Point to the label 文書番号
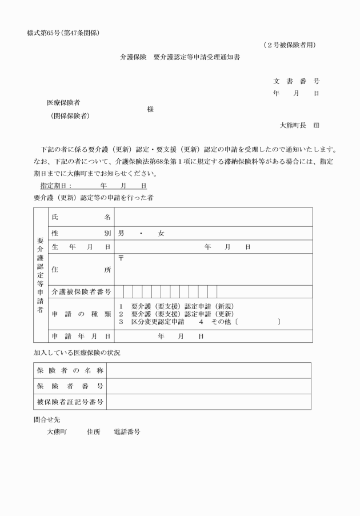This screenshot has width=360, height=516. [296, 82]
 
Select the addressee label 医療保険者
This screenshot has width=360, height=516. [63, 103]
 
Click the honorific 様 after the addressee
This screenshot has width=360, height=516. [150, 109]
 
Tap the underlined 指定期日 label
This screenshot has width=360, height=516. [55, 186]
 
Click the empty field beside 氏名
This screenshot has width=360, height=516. [213, 217]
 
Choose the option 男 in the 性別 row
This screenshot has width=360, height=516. [121, 233]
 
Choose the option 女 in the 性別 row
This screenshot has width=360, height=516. [161, 233]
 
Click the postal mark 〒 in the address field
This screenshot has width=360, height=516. [121, 258]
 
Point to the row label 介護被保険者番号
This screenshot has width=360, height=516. [81, 291]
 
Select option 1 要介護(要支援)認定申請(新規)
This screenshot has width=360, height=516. [176, 306]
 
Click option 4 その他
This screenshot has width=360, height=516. [211, 322]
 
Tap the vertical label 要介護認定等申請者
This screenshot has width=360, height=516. [41, 275]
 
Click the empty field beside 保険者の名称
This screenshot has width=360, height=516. [209, 370]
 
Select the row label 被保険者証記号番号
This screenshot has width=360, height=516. [69, 402]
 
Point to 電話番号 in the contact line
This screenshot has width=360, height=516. [127, 432]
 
